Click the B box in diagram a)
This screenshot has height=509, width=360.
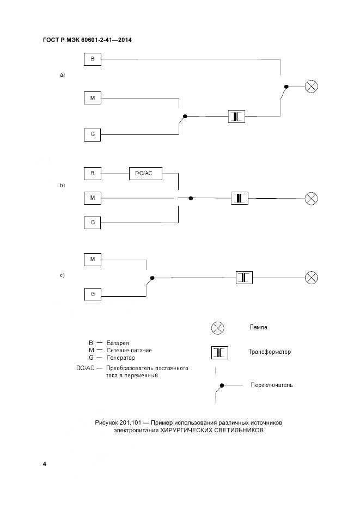tap(93, 59)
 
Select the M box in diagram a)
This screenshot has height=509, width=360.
tap(93, 98)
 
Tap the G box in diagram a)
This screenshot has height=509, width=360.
tap(93, 134)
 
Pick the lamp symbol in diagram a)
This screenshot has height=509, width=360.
tap(311, 86)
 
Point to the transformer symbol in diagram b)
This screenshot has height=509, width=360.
tap(240, 198)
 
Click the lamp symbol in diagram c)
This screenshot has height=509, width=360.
tap(311, 277)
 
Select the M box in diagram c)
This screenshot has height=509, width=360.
tap(93, 259)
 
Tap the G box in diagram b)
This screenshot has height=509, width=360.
tap(93, 222)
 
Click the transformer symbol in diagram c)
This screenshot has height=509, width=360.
tap(244, 277)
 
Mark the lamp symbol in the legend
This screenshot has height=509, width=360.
tap(218, 328)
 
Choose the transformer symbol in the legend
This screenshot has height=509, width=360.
tap(219, 353)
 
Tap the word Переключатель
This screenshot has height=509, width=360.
tap(272, 385)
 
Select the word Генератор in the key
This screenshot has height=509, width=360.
tap(120, 358)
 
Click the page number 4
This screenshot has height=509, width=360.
tap(44, 464)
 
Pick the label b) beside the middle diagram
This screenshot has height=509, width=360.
tap(62, 186)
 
